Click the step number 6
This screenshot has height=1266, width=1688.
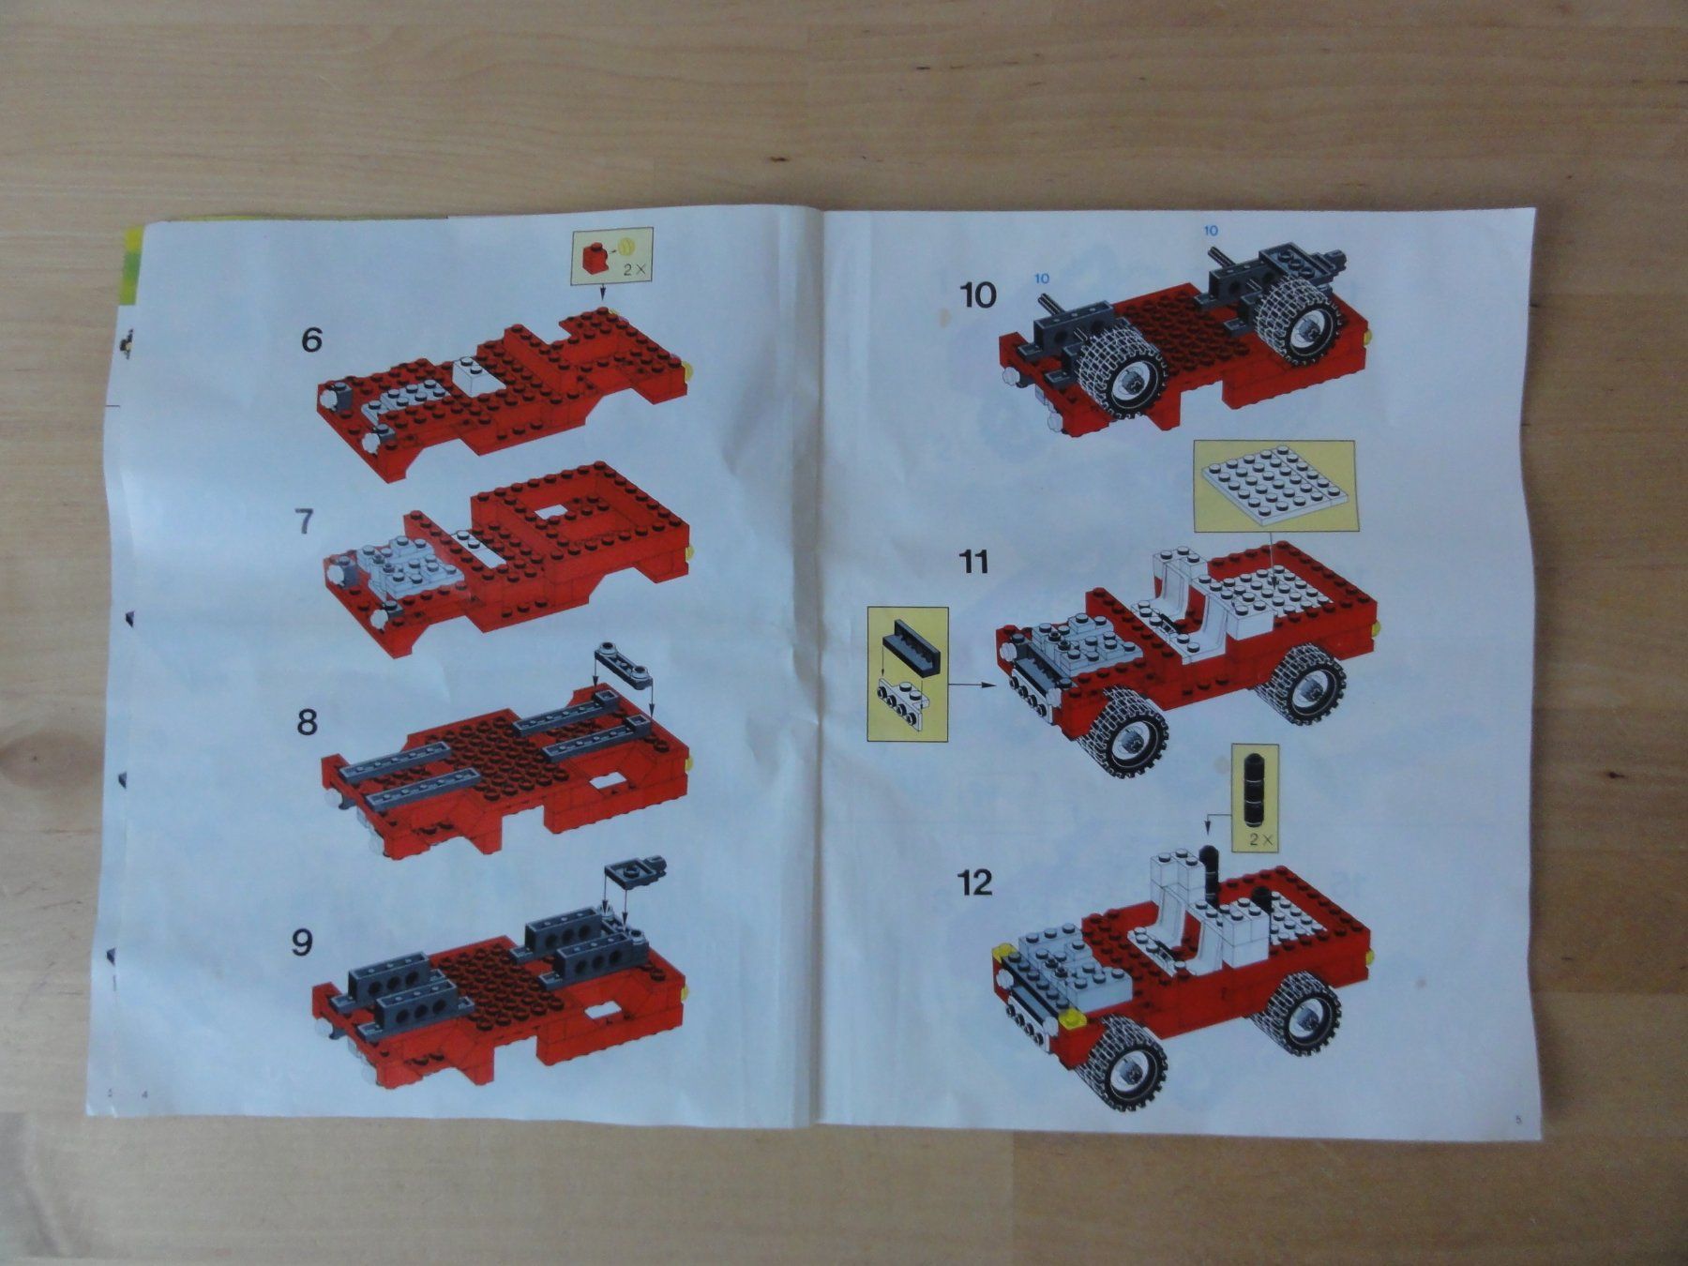coord(311,339)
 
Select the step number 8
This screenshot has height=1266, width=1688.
coord(306,723)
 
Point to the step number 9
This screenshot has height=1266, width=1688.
coord(301,942)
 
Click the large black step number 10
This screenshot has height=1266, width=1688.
coord(978,295)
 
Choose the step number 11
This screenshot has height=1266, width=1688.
coord(974,562)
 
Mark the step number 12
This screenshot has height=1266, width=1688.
coord(975,882)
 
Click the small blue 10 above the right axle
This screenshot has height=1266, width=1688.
coord(1210,230)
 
